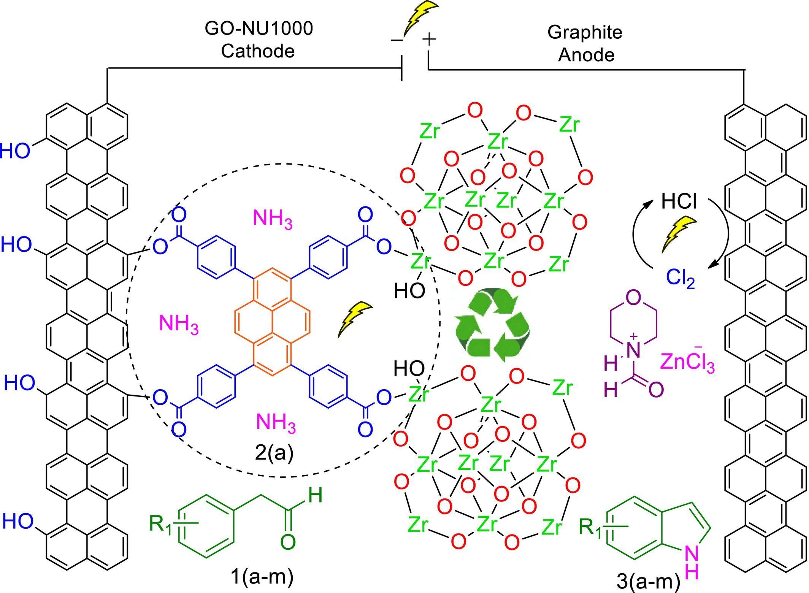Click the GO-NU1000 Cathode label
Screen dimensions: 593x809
(259, 40)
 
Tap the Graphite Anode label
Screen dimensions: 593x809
(585, 43)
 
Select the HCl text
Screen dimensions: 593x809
(679, 201)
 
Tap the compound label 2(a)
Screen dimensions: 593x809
(274, 453)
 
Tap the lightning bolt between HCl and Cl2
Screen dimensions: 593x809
(679, 234)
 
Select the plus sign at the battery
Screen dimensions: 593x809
(429, 39)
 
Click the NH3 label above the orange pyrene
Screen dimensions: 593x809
(273, 219)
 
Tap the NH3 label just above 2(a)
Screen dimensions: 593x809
(276, 423)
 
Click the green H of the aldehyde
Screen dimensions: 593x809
(316, 495)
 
